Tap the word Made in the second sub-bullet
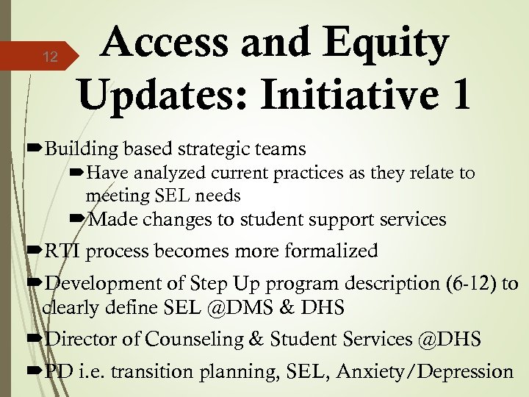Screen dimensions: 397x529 115,219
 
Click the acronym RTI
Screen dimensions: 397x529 65,251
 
